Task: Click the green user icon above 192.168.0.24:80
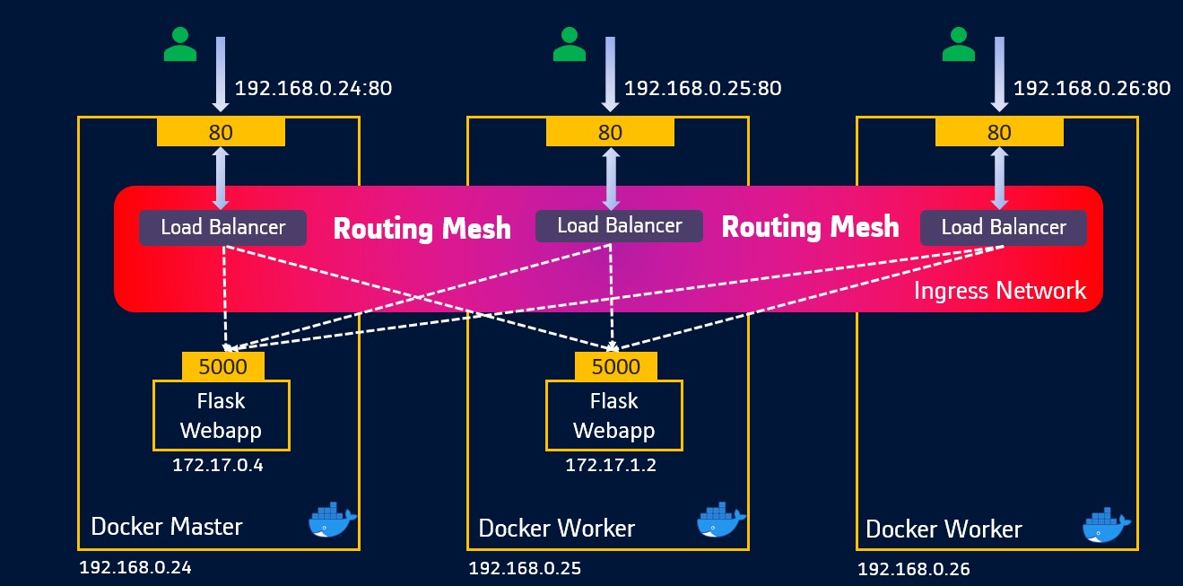pyautogui.click(x=180, y=44)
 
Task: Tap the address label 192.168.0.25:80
pyautogui.click(x=702, y=88)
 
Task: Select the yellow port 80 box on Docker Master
pyautogui.click(x=221, y=133)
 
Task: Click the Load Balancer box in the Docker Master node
pyautogui.click(x=222, y=228)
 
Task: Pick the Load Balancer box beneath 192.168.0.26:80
pyautogui.click(x=1003, y=228)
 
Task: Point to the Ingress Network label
pyautogui.click(x=999, y=291)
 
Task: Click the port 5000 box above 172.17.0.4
pyautogui.click(x=223, y=366)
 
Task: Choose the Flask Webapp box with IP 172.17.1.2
pyautogui.click(x=613, y=415)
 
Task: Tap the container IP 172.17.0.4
pyautogui.click(x=218, y=467)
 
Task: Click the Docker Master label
pyautogui.click(x=166, y=526)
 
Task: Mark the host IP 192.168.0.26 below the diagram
pyautogui.click(x=913, y=569)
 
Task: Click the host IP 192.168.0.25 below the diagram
pyautogui.click(x=525, y=568)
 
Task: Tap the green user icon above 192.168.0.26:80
pyautogui.click(x=959, y=44)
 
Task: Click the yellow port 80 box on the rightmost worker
pyautogui.click(x=999, y=133)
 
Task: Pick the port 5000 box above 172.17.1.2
pyautogui.click(x=616, y=366)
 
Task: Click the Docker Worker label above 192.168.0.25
pyautogui.click(x=556, y=529)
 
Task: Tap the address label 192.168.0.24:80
pyautogui.click(x=313, y=88)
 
